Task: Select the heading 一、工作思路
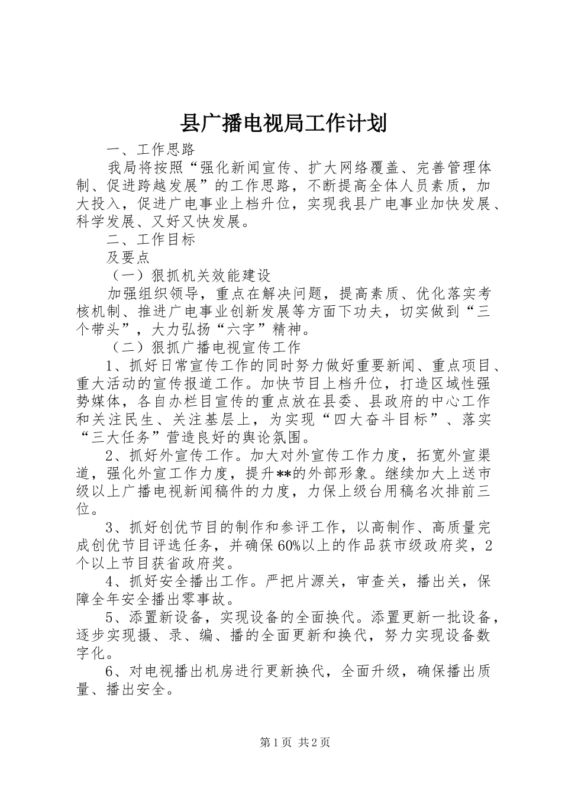pyautogui.click(x=150, y=149)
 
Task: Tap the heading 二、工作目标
pyautogui.click(x=150, y=240)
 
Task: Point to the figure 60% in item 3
pyautogui.click(x=290, y=545)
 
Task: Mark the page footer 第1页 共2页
pyautogui.click(x=281, y=742)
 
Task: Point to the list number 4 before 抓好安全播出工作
pyautogui.click(x=109, y=581)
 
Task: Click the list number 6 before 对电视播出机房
pyautogui.click(x=109, y=671)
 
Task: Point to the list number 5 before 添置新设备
pyautogui.click(x=109, y=618)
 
